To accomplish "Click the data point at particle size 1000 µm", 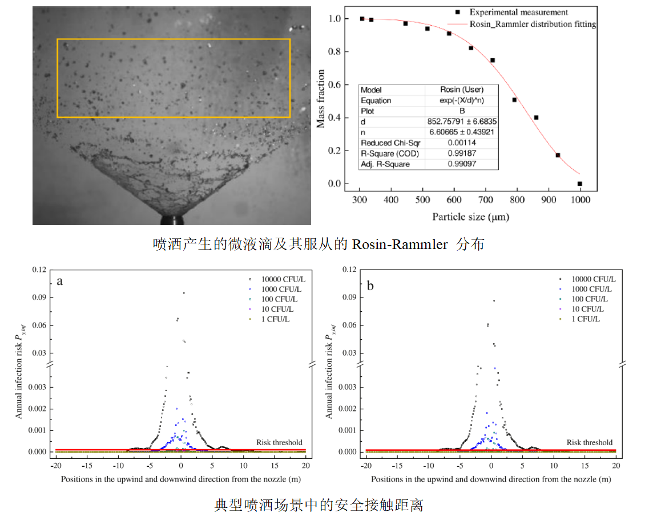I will [579, 184].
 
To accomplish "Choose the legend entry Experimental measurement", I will [518, 12].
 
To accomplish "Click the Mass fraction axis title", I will [321, 98].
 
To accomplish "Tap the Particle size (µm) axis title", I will [470, 217].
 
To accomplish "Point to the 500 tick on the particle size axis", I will [422, 200].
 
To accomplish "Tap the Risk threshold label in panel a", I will [279, 442].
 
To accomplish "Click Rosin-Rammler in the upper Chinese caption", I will [400, 245].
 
